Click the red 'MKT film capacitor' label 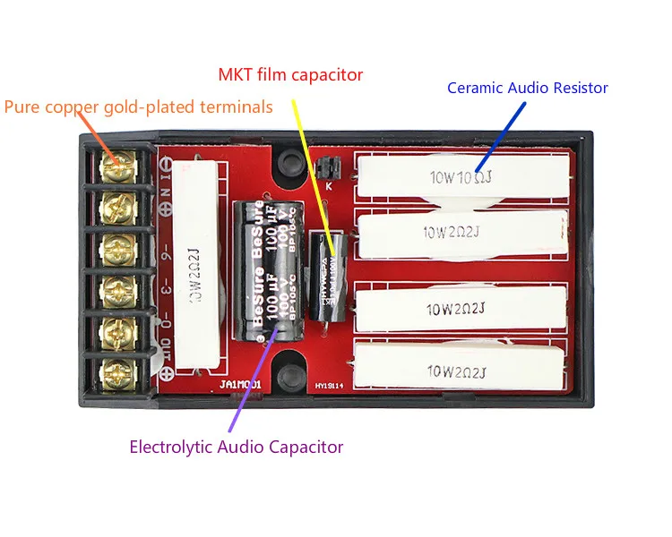[x=291, y=75]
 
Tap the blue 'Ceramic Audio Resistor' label [x=527, y=88]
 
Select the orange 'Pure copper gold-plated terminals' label [x=138, y=107]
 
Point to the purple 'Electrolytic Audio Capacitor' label [x=237, y=446]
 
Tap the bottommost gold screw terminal [x=118, y=370]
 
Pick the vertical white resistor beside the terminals [x=196, y=266]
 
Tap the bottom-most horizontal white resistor [x=461, y=369]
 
